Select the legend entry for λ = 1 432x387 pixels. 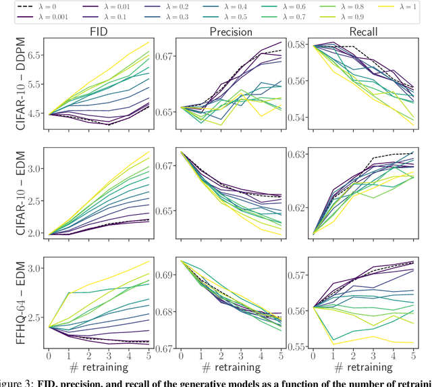(x=406, y=7)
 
